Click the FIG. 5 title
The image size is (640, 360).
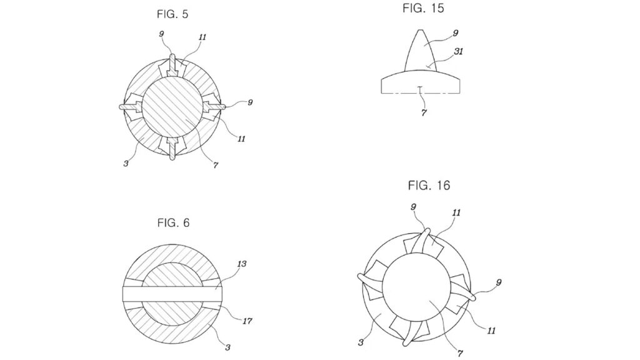pos(172,14)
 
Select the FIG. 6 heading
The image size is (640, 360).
pos(174,223)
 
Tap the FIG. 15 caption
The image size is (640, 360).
pos(423,8)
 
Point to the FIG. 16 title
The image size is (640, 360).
pos(429,186)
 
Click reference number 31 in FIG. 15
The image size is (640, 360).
pos(458,52)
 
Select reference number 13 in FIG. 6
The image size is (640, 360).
pos(242,264)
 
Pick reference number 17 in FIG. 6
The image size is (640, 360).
pos(247,321)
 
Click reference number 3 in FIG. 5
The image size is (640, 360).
pos(126,164)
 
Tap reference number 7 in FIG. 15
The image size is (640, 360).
pos(424,112)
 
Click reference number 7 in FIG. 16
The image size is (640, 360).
pos(460,354)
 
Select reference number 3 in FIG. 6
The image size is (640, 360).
pos(227,347)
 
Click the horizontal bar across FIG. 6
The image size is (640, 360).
pos(172,294)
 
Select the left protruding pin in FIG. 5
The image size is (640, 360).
pos(131,106)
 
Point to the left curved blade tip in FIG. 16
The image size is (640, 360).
pos(361,277)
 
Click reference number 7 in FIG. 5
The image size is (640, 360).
pos(216,165)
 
